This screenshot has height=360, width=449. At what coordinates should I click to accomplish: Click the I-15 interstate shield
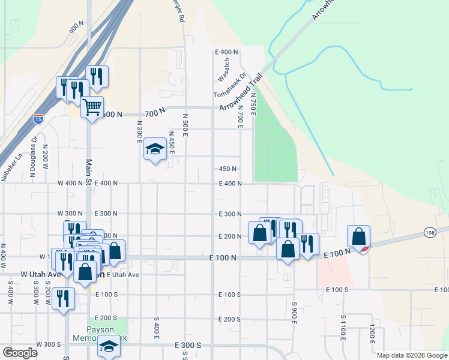[x=38, y=118]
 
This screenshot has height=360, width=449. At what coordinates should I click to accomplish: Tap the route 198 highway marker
[x=430, y=232]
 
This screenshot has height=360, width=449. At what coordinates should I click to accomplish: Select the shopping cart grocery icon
[x=92, y=107]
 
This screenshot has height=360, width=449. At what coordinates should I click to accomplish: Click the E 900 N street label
[x=226, y=52]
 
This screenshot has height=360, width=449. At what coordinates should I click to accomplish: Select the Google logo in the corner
[x=20, y=353]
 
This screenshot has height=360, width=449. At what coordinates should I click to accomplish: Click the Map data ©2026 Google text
[x=412, y=355]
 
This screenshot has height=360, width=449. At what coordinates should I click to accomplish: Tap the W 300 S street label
[x=48, y=344]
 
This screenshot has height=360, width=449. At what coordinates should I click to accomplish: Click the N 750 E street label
[x=253, y=107]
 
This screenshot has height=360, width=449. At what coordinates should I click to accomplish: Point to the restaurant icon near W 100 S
[x=63, y=298]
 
